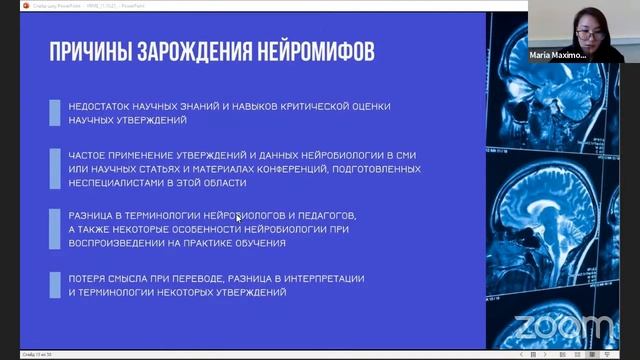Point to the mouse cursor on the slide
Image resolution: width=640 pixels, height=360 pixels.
(238, 217)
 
